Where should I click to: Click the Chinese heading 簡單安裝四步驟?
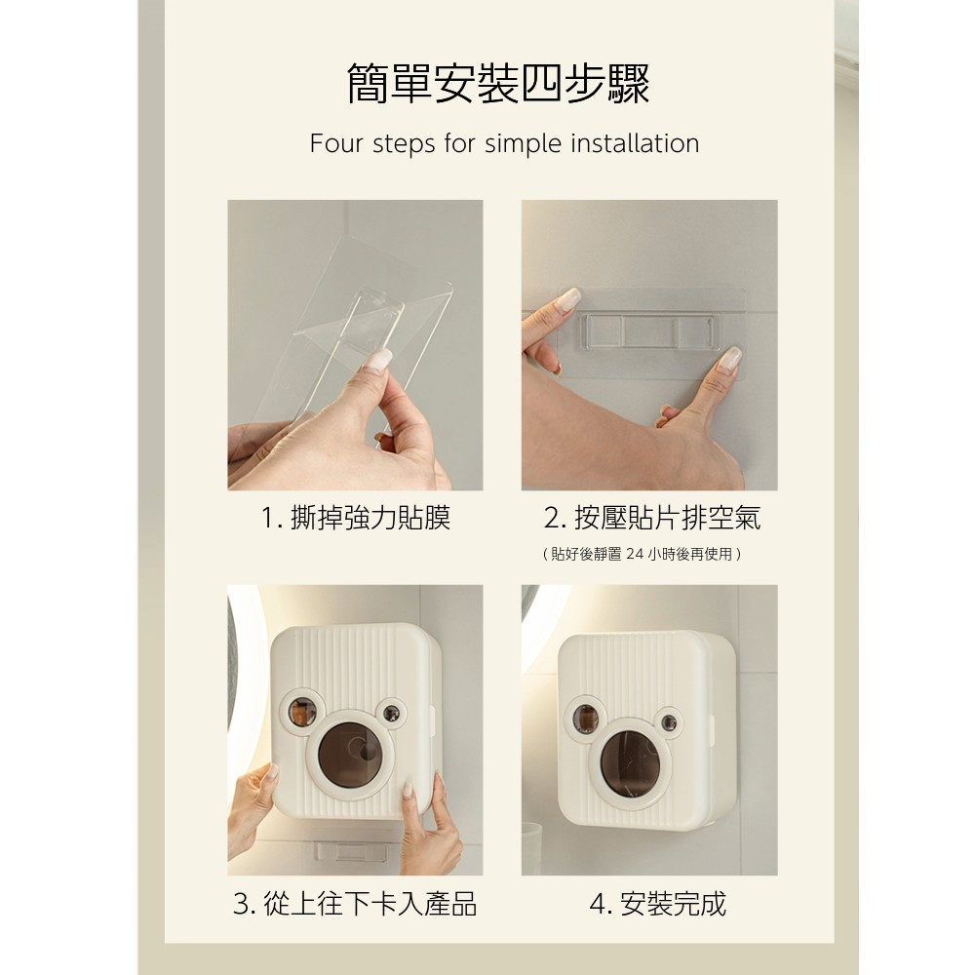[498, 83]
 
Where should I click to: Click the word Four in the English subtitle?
[335, 143]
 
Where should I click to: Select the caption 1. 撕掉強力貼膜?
[355, 518]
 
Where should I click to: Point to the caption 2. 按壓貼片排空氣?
[651, 518]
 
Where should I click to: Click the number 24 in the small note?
[635, 554]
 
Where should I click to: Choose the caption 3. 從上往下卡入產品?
[355, 904]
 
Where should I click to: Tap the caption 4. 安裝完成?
[657, 904]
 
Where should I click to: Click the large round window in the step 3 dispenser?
[350, 755]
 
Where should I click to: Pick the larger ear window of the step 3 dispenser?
[303, 713]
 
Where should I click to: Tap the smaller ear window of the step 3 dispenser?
[391, 714]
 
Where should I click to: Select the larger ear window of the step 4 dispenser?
[585, 719]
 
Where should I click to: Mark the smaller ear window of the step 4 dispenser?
[669, 722]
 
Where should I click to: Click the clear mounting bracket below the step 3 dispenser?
[350, 852]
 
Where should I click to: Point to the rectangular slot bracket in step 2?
[648, 331]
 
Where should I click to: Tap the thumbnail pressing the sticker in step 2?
[728, 360]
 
